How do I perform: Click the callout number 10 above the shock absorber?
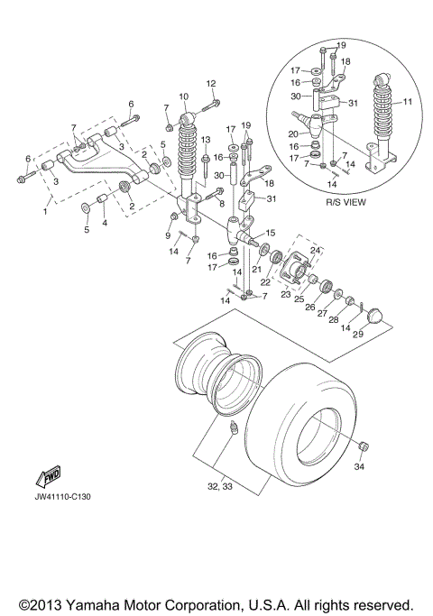coord(183,97)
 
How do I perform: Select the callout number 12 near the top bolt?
coord(211,84)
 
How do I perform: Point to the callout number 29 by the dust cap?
coord(357,334)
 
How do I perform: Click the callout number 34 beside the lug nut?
coord(359,466)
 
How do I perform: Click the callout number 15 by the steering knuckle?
coord(267,233)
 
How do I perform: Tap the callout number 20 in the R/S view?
coord(292,133)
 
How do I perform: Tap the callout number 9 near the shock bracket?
coord(168,236)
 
